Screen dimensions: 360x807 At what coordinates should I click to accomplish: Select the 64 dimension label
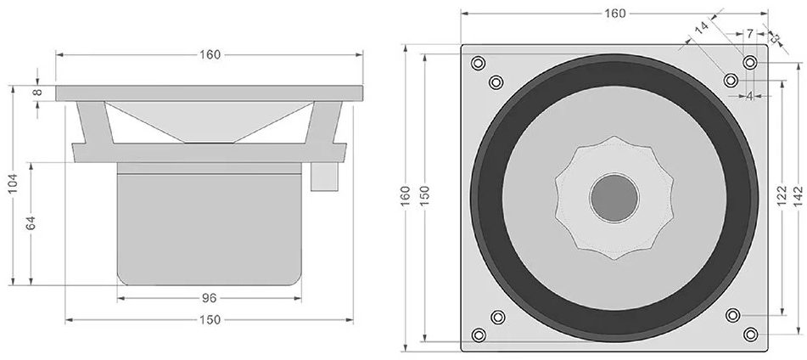(31, 223)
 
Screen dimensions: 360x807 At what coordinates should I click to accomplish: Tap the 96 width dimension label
(210, 298)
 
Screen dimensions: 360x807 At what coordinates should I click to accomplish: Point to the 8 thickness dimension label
(36, 93)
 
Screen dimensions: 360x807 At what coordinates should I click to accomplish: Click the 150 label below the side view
(210, 320)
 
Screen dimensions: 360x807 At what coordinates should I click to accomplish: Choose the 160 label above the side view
(210, 55)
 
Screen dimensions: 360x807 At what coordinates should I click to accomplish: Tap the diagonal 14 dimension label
(701, 28)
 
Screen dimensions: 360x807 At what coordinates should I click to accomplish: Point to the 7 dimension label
(749, 34)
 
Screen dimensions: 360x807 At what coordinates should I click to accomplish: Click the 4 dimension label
(749, 96)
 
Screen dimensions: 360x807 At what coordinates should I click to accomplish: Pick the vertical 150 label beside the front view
(425, 196)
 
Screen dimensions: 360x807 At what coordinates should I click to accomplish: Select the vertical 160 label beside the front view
(407, 196)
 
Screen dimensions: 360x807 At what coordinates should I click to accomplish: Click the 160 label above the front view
(614, 13)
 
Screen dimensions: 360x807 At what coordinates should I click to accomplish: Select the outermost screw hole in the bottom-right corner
(750, 334)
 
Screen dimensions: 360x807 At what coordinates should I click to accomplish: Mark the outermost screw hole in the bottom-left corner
(479, 335)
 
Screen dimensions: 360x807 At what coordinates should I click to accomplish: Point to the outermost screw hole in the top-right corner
(750, 63)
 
